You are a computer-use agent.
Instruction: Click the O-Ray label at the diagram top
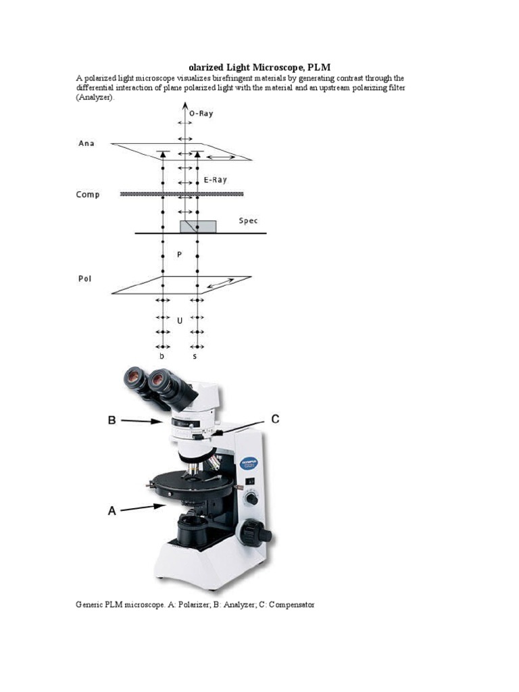pos(201,114)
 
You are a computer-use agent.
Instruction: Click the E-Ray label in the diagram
pos(216,180)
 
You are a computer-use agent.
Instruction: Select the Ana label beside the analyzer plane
pos(86,143)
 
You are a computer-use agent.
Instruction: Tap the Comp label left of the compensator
pos(88,195)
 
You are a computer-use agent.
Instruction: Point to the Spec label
pos(249,221)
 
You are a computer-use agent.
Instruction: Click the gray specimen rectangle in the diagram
pos(197,226)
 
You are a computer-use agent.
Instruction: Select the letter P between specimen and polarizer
pos(179,255)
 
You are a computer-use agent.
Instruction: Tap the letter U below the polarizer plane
pos(179,321)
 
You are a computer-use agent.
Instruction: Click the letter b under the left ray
pos(162,355)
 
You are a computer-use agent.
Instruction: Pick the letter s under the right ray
pos(195,355)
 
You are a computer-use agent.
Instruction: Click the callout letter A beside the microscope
pos(112,512)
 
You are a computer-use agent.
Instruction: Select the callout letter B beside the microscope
pos(112,420)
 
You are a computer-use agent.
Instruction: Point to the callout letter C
pos(275,419)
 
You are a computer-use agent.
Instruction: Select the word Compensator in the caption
pos(291,604)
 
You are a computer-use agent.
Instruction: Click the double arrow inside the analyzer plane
pos(221,157)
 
